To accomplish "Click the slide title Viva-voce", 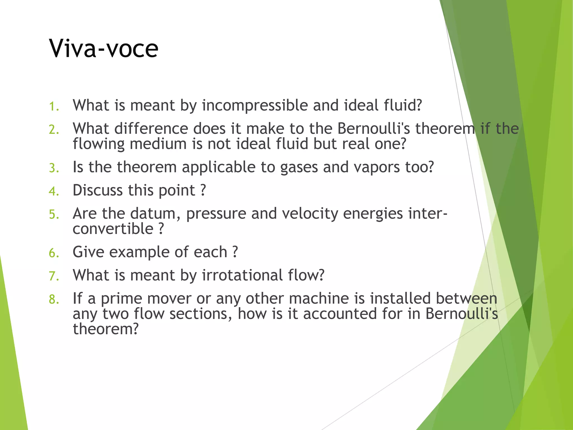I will [x=104, y=48].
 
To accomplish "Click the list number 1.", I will [x=53, y=106].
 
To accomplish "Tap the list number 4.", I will [x=53, y=191].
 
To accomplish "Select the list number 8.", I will [x=53, y=299].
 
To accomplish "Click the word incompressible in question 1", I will [x=255, y=106].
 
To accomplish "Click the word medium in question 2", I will [x=158, y=144].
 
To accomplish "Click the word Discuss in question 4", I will [x=98, y=190].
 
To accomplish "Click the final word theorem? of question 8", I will [x=106, y=329].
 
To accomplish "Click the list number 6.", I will [x=53, y=253].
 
